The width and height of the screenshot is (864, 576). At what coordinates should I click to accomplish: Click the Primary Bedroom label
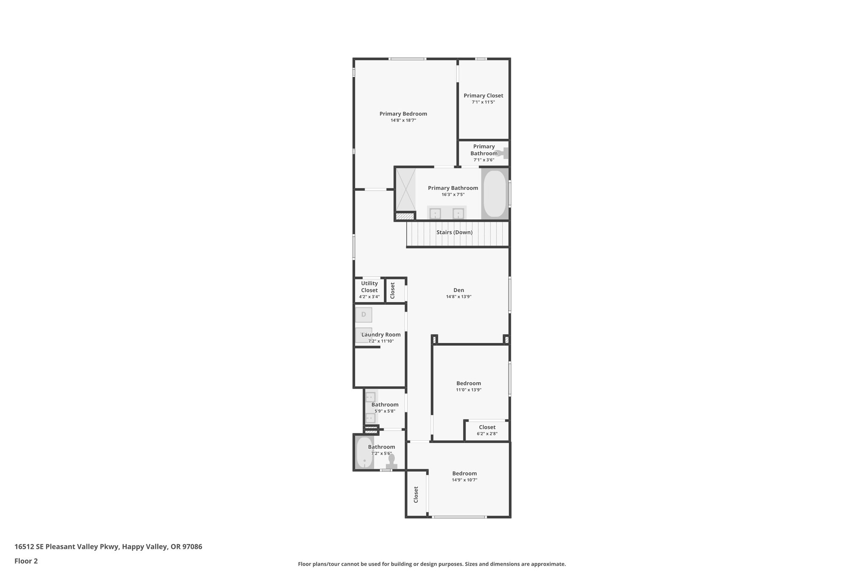[x=403, y=114]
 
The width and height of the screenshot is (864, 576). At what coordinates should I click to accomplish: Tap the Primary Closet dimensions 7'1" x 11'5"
[x=483, y=102]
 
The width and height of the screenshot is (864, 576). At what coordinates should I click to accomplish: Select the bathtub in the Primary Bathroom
[x=494, y=193]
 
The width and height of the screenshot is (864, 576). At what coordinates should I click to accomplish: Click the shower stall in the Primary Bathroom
[x=405, y=189]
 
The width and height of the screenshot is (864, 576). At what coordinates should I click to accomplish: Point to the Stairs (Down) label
[x=454, y=233]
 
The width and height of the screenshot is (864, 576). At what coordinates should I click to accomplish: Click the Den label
[x=459, y=290]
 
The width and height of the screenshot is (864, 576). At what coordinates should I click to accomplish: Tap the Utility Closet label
[x=369, y=287]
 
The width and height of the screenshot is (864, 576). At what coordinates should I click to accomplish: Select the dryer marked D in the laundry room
[x=364, y=315]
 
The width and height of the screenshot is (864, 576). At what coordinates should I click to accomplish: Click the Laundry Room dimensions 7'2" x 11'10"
[x=381, y=341]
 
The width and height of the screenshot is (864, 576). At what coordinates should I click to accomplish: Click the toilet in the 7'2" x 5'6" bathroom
[x=391, y=461]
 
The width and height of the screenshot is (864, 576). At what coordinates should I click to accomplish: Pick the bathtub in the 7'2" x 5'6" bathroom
[x=364, y=452]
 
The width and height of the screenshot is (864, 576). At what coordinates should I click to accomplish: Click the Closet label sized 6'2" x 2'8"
[x=487, y=427]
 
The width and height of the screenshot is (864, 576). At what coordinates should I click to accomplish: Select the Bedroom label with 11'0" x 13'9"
[x=468, y=383]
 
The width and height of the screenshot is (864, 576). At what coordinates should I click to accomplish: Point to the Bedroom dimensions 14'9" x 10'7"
[x=464, y=480]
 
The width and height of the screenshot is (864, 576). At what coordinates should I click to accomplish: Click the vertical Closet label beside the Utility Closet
[x=392, y=290]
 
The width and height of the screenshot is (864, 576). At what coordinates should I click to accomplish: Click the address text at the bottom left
[x=108, y=546]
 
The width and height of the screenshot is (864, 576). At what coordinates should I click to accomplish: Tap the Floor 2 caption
[x=26, y=561]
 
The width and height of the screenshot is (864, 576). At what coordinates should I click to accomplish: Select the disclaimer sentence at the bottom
[x=432, y=564]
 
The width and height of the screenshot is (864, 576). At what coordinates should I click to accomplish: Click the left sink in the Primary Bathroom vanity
[x=435, y=214]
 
